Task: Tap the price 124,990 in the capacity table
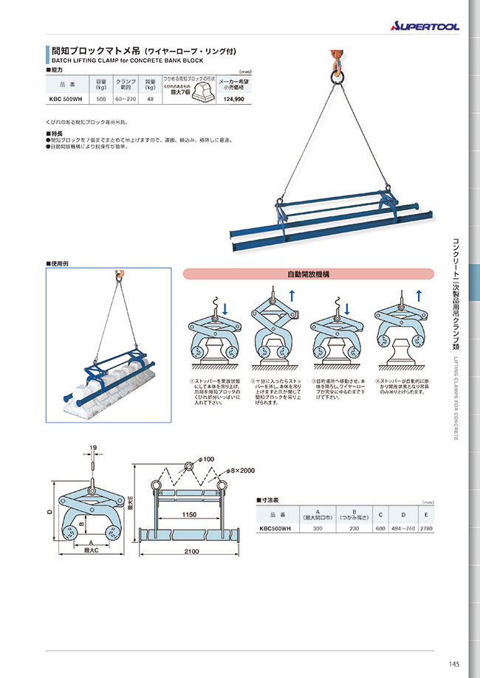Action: coord(233,98)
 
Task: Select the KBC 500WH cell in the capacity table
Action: coord(66,98)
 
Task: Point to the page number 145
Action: coord(453,663)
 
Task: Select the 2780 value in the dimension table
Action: coord(427,528)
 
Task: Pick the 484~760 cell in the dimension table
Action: coord(402,528)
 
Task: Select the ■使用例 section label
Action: coord(58,263)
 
